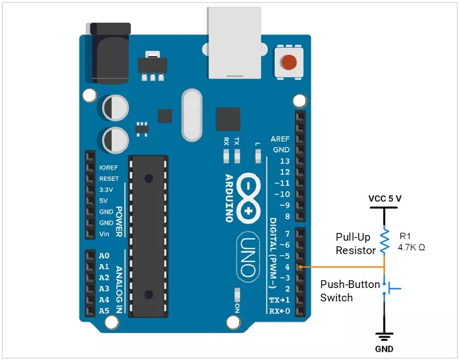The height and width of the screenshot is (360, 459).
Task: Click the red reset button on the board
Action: click(x=288, y=63)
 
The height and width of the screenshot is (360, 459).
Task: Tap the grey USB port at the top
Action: click(x=237, y=44)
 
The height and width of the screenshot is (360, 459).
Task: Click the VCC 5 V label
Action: click(x=384, y=198)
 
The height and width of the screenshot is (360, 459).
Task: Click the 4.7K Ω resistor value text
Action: click(x=411, y=247)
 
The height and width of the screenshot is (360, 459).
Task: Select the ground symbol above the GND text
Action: click(x=384, y=337)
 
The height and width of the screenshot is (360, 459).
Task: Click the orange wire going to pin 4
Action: click(x=342, y=267)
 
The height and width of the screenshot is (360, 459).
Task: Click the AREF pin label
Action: click(x=280, y=139)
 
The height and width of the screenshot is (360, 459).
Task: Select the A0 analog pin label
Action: click(x=104, y=256)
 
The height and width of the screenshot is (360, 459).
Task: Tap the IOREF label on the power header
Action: click(x=109, y=168)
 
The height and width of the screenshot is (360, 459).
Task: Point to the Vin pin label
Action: click(x=104, y=234)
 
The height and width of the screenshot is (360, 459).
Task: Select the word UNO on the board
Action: click(x=249, y=256)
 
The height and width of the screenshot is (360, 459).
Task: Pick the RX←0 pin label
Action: click(x=279, y=311)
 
